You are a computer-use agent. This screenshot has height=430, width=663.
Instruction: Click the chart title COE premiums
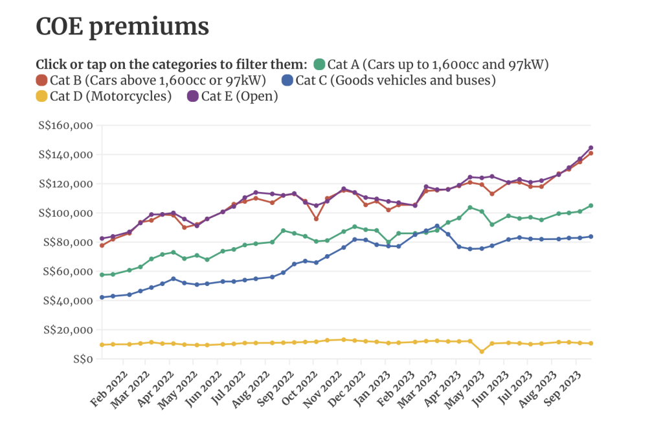click(x=122, y=27)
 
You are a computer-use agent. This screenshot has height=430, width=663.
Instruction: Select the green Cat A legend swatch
click(x=319, y=64)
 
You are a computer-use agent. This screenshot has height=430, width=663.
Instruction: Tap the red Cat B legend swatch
click(x=42, y=80)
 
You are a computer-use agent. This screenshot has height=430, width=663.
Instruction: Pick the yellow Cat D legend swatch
click(x=42, y=97)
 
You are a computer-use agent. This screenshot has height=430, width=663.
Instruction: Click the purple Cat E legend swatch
click(x=193, y=97)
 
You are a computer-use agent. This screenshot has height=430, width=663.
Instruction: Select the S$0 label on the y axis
click(x=82, y=359)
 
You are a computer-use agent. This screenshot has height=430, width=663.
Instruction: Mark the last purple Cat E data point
click(x=590, y=148)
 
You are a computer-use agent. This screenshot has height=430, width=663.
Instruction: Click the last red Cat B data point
click(x=590, y=153)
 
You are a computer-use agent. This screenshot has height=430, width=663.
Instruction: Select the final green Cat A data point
click(x=590, y=206)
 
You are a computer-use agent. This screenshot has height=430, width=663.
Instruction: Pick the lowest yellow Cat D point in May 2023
click(x=482, y=352)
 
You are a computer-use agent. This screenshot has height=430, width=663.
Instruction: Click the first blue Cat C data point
click(x=102, y=297)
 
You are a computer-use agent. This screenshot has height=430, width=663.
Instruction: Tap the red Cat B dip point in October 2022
click(x=316, y=219)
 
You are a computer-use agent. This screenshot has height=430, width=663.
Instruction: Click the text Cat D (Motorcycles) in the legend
click(x=111, y=97)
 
